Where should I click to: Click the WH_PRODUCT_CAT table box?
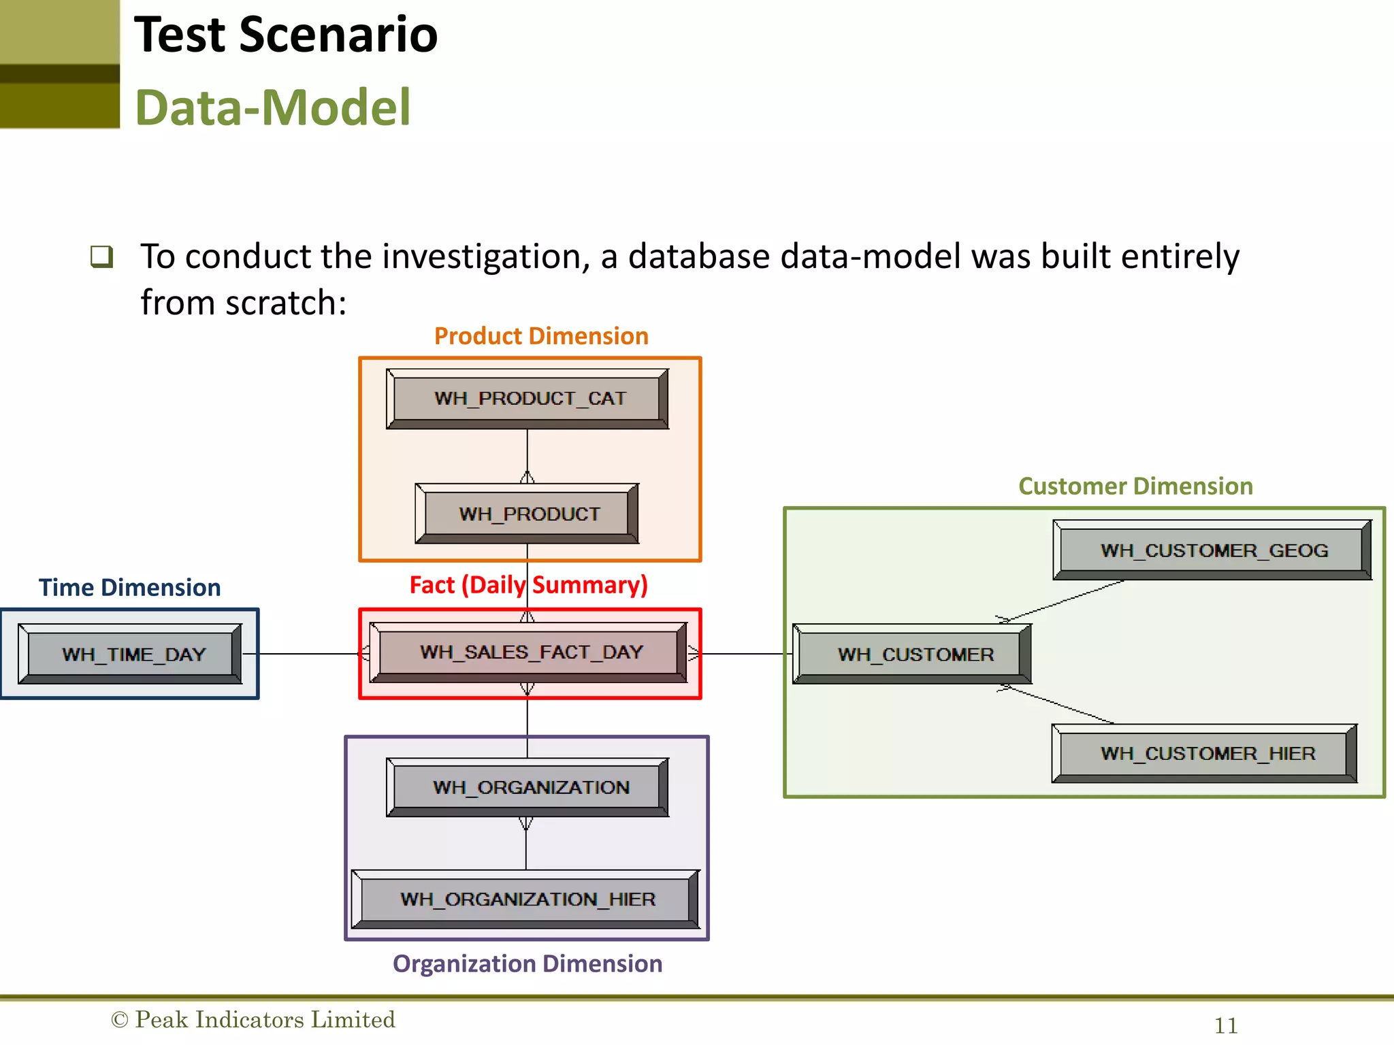point(528,399)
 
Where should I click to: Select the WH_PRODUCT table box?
point(528,514)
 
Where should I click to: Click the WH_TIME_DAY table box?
point(130,654)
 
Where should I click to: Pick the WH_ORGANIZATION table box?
point(528,787)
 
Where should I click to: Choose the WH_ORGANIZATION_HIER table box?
point(525,899)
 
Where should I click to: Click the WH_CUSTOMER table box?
point(912,654)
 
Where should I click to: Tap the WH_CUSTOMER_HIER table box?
point(1205,753)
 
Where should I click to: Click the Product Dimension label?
point(541,336)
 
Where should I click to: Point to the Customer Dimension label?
point(1135,486)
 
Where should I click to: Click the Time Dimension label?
point(129,588)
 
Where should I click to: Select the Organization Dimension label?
point(528,964)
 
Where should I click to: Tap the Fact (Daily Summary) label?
point(528,585)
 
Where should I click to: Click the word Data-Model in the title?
point(272,107)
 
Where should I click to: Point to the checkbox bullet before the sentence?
point(101,256)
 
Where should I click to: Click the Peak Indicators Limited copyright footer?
point(253,1020)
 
